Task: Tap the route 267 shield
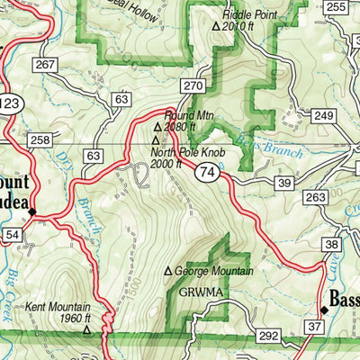click(44, 65)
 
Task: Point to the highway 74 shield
click(209, 170)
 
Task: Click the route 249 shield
click(323, 116)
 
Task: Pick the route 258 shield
click(39, 140)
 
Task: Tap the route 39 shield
click(284, 184)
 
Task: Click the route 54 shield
click(11, 235)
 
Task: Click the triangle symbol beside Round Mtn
click(168, 114)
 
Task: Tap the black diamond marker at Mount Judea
click(31, 211)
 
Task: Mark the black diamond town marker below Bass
click(324, 310)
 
